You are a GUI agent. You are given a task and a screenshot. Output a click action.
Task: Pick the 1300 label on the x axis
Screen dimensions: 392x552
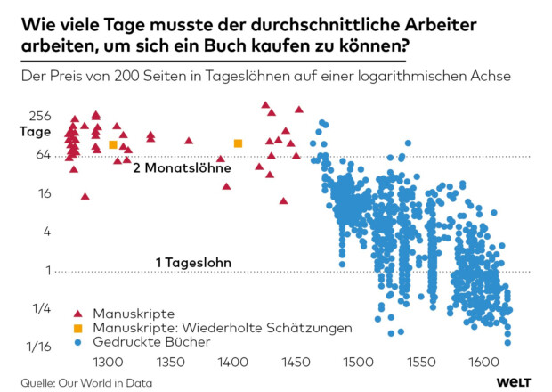tap(108, 363)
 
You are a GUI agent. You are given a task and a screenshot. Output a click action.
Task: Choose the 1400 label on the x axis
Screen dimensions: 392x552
tap(232, 363)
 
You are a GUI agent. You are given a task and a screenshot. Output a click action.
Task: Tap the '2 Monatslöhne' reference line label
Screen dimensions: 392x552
tap(182, 167)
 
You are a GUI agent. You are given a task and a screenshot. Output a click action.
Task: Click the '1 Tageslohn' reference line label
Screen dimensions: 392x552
tap(193, 263)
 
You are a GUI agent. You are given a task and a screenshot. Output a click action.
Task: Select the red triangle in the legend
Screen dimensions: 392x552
tap(77, 314)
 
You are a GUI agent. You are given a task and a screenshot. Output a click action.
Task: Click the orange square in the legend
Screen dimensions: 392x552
tap(77, 328)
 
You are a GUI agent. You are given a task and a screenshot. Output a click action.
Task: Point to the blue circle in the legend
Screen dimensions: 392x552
tap(77, 341)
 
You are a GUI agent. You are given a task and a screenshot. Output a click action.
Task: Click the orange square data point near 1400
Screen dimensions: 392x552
tap(238, 143)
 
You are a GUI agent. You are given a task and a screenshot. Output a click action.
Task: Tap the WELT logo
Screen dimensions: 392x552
tap(515, 381)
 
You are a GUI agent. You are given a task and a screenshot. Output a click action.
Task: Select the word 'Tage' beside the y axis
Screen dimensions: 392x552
tap(36, 132)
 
